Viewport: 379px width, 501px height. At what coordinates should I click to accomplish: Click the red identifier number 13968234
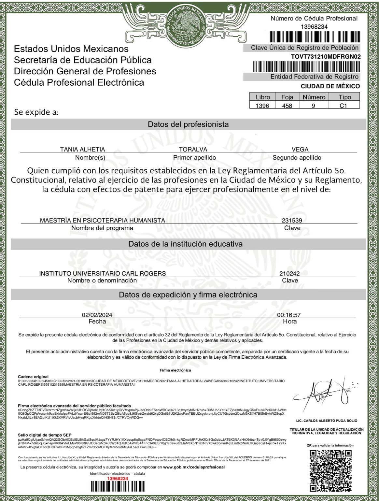coord(118,478)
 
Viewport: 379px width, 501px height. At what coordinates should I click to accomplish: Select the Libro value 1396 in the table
coord(262,106)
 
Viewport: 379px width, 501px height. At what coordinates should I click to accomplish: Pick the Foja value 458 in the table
coord(287,106)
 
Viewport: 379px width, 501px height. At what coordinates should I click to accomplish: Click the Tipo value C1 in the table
coord(344,106)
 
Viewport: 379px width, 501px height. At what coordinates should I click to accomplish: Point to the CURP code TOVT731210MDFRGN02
coord(326,56)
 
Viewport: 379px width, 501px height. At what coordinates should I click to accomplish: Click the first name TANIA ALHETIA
coord(82,150)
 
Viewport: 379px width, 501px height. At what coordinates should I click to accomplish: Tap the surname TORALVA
coord(193,150)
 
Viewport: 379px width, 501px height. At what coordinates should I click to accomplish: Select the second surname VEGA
coord(300,150)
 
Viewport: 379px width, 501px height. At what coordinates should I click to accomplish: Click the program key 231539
coord(292,221)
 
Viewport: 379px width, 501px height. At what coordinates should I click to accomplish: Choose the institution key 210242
coord(289,274)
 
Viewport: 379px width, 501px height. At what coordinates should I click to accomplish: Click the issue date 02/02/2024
coord(97,315)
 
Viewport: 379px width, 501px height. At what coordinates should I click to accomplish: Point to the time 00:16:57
coord(289,315)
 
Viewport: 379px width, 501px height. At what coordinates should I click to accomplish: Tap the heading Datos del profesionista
coord(188,124)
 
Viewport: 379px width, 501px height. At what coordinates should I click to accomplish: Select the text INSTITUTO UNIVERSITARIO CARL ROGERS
coord(102,274)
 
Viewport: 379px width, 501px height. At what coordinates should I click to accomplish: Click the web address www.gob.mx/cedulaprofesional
coord(194,467)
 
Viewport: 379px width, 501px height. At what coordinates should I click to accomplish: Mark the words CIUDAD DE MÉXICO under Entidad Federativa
coord(330,86)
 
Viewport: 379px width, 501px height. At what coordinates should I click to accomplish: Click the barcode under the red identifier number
coord(118,487)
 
